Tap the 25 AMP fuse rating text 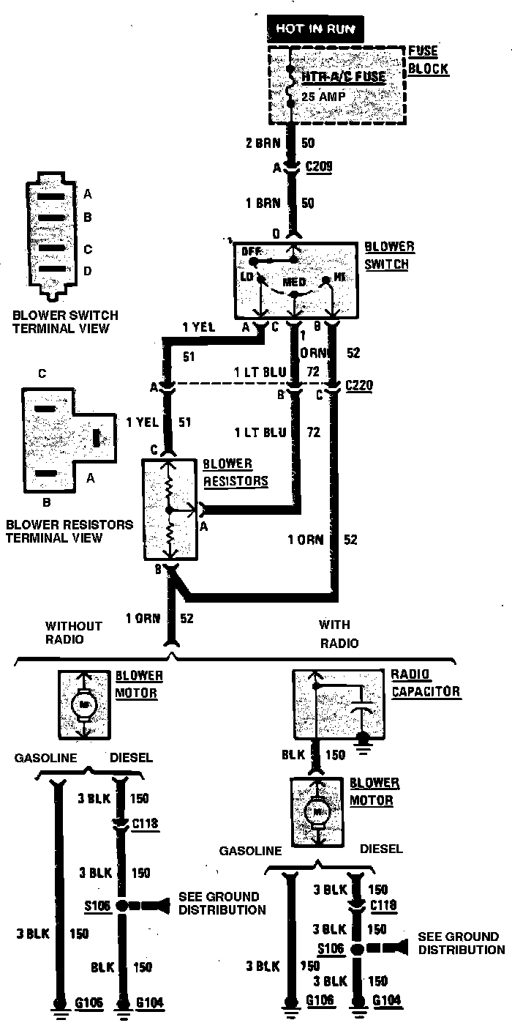pyautogui.click(x=323, y=96)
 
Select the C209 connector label pyautogui.click(x=319, y=167)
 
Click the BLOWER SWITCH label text pyautogui.click(x=389, y=256)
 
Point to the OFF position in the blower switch pyautogui.click(x=251, y=251)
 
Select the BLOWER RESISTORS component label pyautogui.click(x=235, y=472)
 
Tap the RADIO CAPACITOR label pyautogui.click(x=425, y=682)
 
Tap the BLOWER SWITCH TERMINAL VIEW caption pyautogui.click(x=65, y=322)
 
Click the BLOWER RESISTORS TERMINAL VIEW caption pyautogui.click(x=69, y=532)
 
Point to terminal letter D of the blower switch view pyautogui.click(x=88, y=271)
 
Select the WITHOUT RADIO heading pyautogui.click(x=74, y=633)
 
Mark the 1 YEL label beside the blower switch pyautogui.click(x=198, y=327)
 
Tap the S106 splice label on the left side pyautogui.click(x=97, y=906)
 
